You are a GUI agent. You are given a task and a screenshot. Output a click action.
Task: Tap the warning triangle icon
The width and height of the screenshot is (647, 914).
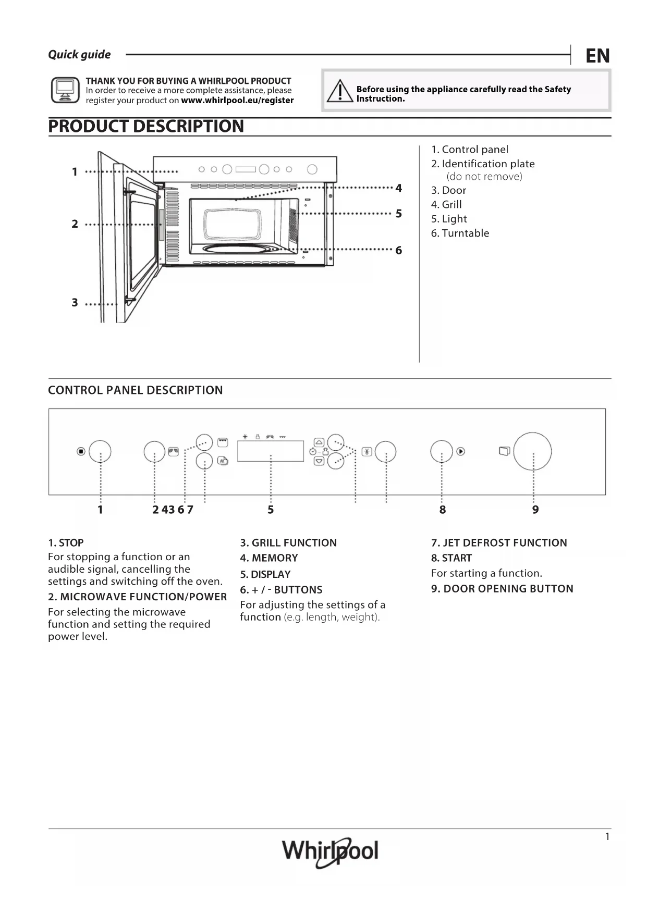tap(340, 91)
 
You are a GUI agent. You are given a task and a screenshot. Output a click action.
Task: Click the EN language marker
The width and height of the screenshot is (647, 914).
tap(597, 56)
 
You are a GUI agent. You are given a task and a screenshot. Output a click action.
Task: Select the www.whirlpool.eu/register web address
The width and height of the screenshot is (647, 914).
tap(237, 101)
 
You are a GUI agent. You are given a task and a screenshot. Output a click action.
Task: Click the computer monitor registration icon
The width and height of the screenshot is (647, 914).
tap(65, 90)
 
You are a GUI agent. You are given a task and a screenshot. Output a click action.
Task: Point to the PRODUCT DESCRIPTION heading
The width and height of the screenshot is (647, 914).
tap(146, 127)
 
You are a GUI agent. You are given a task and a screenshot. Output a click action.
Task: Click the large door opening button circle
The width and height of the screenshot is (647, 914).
tap(532, 451)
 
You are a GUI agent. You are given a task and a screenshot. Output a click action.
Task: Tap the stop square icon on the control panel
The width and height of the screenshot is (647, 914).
tap(81, 451)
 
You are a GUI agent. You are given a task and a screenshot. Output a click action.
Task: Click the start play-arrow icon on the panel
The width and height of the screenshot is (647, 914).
tap(461, 451)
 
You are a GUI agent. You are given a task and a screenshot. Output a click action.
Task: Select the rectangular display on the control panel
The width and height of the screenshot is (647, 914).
tap(270, 451)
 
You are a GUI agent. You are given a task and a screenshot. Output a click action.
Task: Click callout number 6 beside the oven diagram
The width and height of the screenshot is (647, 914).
tap(399, 251)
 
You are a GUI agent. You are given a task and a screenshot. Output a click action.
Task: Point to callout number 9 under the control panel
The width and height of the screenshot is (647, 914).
tap(535, 510)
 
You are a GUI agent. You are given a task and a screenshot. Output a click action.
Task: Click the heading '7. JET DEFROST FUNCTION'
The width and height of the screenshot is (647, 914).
tap(499, 543)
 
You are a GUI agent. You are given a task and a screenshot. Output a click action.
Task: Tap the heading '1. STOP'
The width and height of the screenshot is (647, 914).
tap(66, 543)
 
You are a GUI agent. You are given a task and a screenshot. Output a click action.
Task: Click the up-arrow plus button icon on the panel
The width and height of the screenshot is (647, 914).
tap(319, 442)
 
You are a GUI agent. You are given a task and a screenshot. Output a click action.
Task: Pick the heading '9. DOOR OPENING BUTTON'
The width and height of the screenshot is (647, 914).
tap(502, 589)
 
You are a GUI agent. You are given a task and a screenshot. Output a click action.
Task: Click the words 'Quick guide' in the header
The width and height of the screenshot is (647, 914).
tap(79, 55)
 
